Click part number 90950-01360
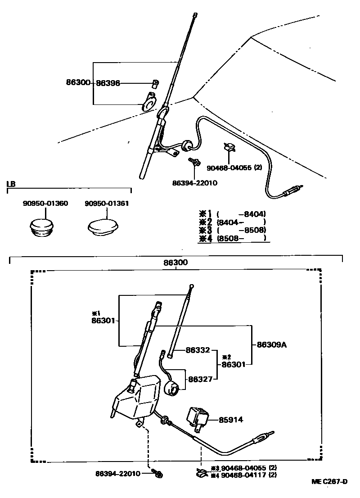[x=45, y=204]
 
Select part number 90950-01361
[x=107, y=204]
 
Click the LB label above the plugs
[x=11, y=185]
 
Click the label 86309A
[x=272, y=345]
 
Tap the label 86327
[x=200, y=380]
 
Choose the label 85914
[x=231, y=419]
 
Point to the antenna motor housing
[x=137, y=396]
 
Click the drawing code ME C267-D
[x=329, y=482]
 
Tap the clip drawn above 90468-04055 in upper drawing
[x=230, y=148]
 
